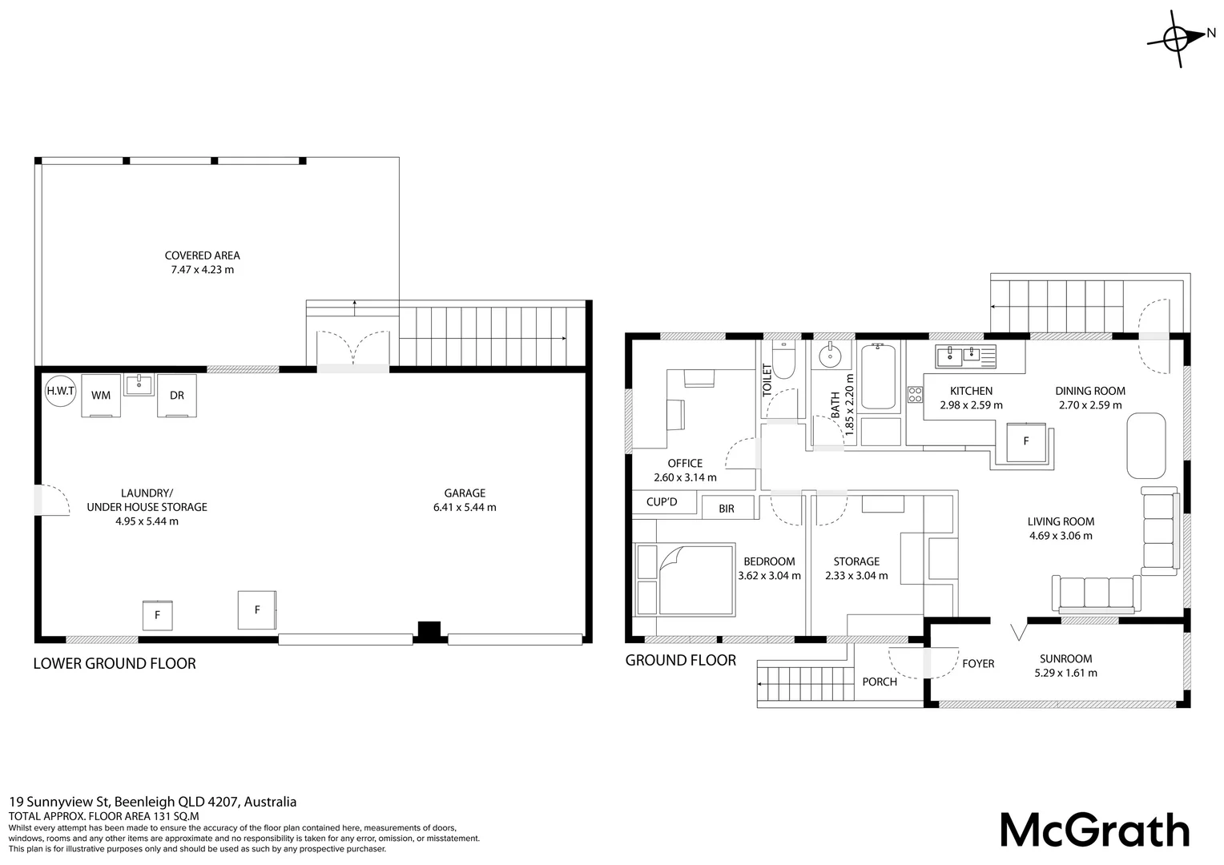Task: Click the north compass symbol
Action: pyautogui.click(x=1180, y=39)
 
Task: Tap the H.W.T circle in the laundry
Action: pyautogui.click(x=60, y=391)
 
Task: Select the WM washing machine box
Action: pyautogui.click(x=101, y=396)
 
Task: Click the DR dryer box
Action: pyautogui.click(x=177, y=396)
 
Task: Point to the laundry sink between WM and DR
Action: pyautogui.click(x=139, y=384)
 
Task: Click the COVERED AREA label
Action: pyautogui.click(x=202, y=255)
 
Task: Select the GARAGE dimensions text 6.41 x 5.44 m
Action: pyautogui.click(x=465, y=507)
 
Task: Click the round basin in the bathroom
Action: pyautogui.click(x=831, y=357)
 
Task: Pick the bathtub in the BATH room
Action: pyautogui.click(x=878, y=376)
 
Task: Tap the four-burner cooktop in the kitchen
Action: pyautogui.click(x=916, y=395)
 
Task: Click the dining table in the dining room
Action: pyautogui.click(x=1146, y=446)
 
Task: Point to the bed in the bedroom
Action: pyautogui.click(x=695, y=580)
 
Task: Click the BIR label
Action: pyautogui.click(x=727, y=509)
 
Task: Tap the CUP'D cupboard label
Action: pyautogui.click(x=662, y=501)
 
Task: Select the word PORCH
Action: pyautogui.click(x=880, y=682)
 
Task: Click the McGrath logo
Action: pyautogui.click(x=1095, y=831)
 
